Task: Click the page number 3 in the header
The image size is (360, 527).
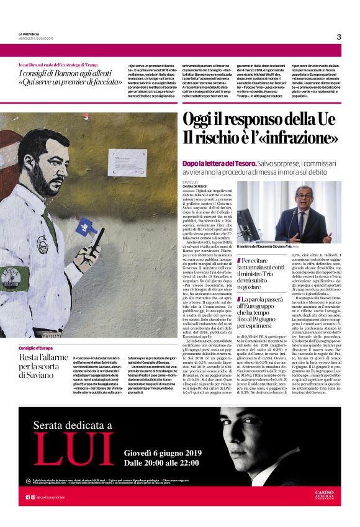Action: coord(339,37)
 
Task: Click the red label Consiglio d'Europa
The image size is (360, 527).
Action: coord(37,348)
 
